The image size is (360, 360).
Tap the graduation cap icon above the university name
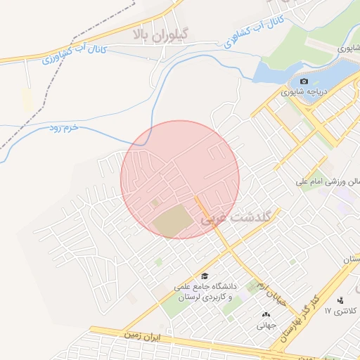click(205, 276)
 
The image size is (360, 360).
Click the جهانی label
click(265, 326)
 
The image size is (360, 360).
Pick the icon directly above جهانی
click(266, 314)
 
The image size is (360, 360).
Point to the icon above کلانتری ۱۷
click(340, 300)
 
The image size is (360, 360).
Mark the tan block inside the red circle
click(172, 221)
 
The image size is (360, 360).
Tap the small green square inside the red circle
click(155, 203)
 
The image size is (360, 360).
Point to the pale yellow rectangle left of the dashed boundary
click(27, 100)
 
